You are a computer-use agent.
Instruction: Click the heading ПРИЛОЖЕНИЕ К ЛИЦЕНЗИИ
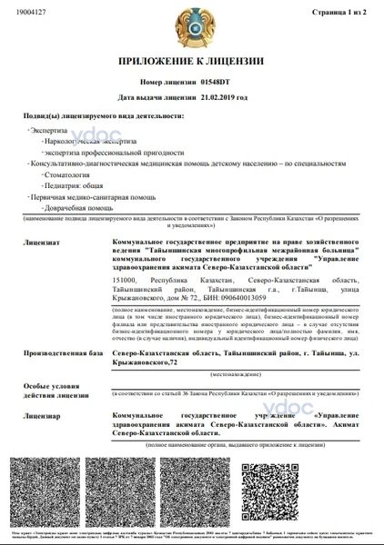[x=191, y=62]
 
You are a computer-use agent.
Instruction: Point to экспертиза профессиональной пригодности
[x=96, y=152]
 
